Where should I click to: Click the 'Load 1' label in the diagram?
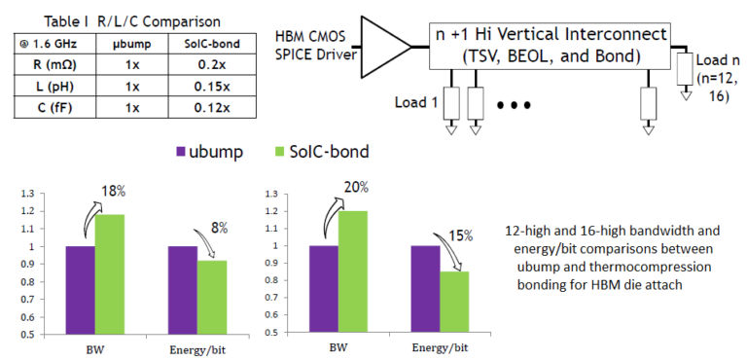[x=417, y=100]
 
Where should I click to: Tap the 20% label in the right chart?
[x=354, y=187]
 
